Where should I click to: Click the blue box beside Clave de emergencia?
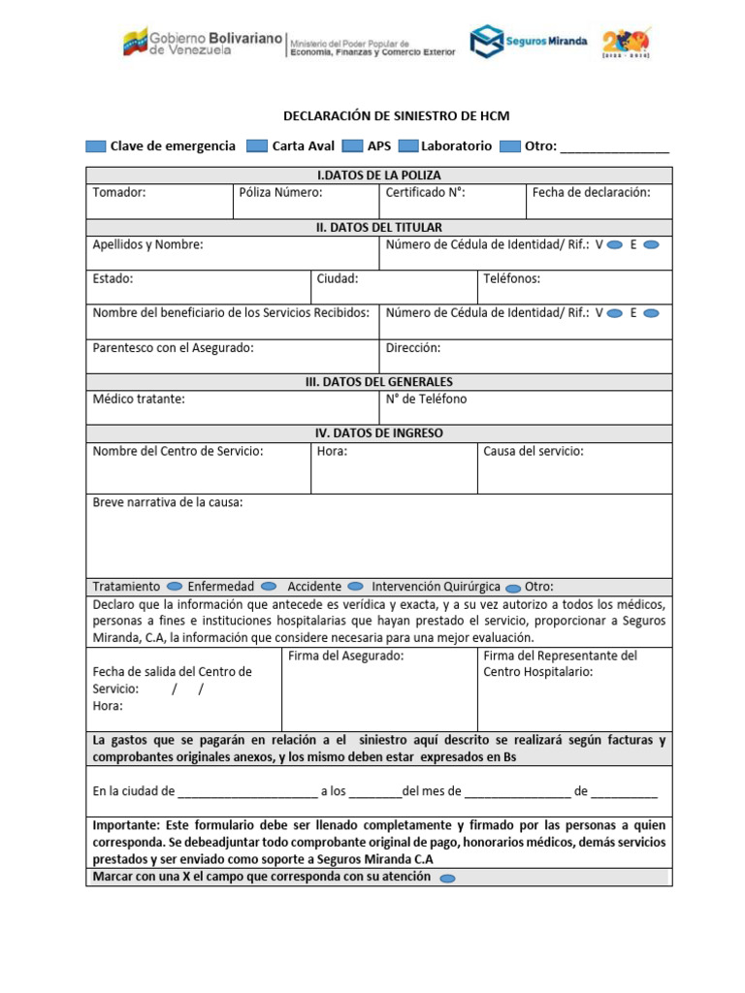pos(95,146)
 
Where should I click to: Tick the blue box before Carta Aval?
pos(256,146)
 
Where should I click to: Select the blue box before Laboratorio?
pos(407,146)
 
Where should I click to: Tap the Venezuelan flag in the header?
pos(134,43)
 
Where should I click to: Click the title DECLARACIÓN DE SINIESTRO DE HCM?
pos(396,115)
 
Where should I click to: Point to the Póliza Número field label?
pos(280,192)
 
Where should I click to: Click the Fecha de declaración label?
pos(591,192)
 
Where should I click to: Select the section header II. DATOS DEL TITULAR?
pos(378,227)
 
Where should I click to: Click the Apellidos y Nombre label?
pos(147,244)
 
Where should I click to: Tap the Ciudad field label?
pos(338,278)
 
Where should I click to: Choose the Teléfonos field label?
pos(511,278)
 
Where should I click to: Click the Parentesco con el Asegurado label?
pos(173,347)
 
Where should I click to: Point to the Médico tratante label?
pos(139,399)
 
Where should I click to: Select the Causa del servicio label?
pos(534,451)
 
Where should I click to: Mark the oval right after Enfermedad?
pos(269,587)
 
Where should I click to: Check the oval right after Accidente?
pos(356,587)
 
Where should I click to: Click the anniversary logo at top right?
pos(627,42)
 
